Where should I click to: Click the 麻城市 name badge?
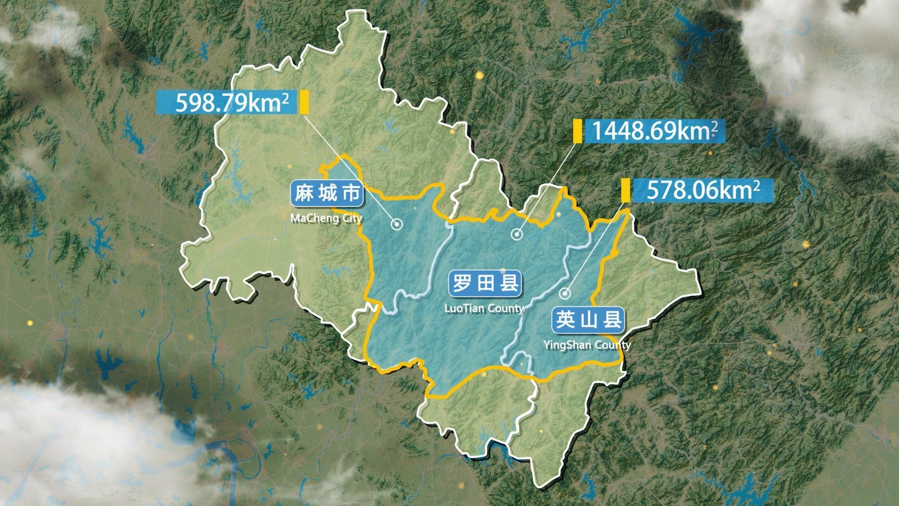(x=326, y=194)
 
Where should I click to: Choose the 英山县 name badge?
(x=588, y=320)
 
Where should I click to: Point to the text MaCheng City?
(x=326, y=219)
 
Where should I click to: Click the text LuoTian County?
(x=484, y=308)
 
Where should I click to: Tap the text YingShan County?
(x=587, y=345)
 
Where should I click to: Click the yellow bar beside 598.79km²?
(x=304, y=102)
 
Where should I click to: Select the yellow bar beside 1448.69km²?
(x=578, y=131)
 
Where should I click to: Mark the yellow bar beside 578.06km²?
(x=625, y=190)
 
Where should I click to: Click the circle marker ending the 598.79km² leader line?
(x=397, y=225)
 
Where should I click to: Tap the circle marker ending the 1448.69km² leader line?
(x=516, y=234)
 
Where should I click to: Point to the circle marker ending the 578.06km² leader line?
(x=565, y=294)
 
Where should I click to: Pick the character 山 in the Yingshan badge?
(x=588, y=320)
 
